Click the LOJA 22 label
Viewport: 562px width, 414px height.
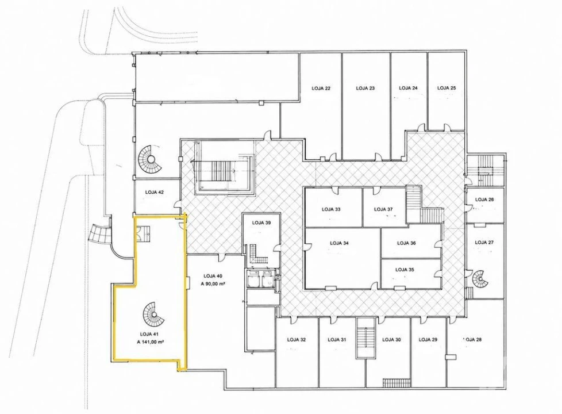321,88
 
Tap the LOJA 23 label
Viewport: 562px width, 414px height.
365,88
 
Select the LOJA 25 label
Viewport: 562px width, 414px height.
446,88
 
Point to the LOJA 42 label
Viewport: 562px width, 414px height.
155,192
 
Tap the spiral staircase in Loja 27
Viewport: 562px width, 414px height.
480,278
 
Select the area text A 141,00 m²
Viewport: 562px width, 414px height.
151,342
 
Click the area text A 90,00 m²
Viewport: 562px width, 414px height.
213,283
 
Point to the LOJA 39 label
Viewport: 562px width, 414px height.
261,223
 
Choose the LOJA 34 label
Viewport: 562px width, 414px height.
340,243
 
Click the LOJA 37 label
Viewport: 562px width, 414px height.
383,209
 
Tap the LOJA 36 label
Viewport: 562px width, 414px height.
406,243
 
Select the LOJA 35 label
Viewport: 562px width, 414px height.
405,270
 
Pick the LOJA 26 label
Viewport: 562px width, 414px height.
484,200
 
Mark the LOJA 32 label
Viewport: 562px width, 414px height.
297,340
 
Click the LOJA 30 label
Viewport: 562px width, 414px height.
391,340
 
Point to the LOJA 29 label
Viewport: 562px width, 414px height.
428,339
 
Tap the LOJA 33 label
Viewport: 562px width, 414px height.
331,209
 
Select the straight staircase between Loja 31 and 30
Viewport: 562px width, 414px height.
365,338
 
